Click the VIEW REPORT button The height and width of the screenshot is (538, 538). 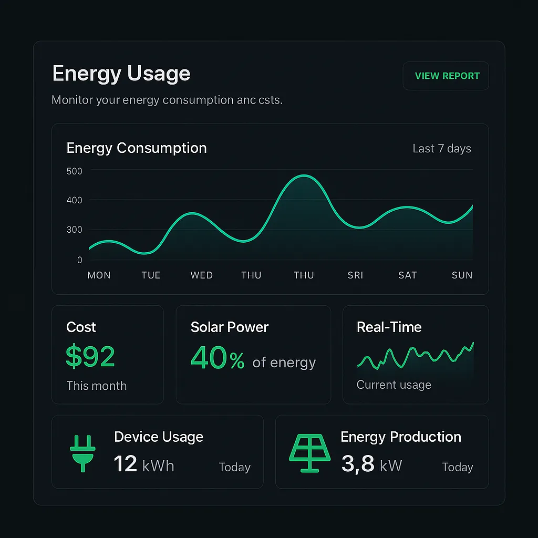point(446,76)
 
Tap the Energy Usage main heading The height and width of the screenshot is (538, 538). point(121,74)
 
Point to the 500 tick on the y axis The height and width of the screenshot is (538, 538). point(75,171)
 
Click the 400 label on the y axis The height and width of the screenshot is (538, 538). point(75,200)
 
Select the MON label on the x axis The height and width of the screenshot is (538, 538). point(99,275)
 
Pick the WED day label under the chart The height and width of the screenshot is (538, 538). point(201,275)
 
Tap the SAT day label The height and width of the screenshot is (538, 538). point(407,275)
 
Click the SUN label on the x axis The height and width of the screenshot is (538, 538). point(462,275)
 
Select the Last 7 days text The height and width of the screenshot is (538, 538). point(441,149)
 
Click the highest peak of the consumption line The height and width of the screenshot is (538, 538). point(304,176)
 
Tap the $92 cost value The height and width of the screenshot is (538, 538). point(90,357)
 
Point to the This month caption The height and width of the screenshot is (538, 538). point(96,386)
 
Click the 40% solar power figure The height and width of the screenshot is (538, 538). point(218,358)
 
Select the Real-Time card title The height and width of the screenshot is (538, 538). point(389,327)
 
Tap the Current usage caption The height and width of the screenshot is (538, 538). point(394,385)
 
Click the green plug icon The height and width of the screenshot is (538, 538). point(82,453)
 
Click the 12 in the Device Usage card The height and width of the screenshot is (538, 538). point(125,464)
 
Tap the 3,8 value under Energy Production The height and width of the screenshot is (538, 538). point(357,464)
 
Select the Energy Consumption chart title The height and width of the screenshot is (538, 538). point(137,148)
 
